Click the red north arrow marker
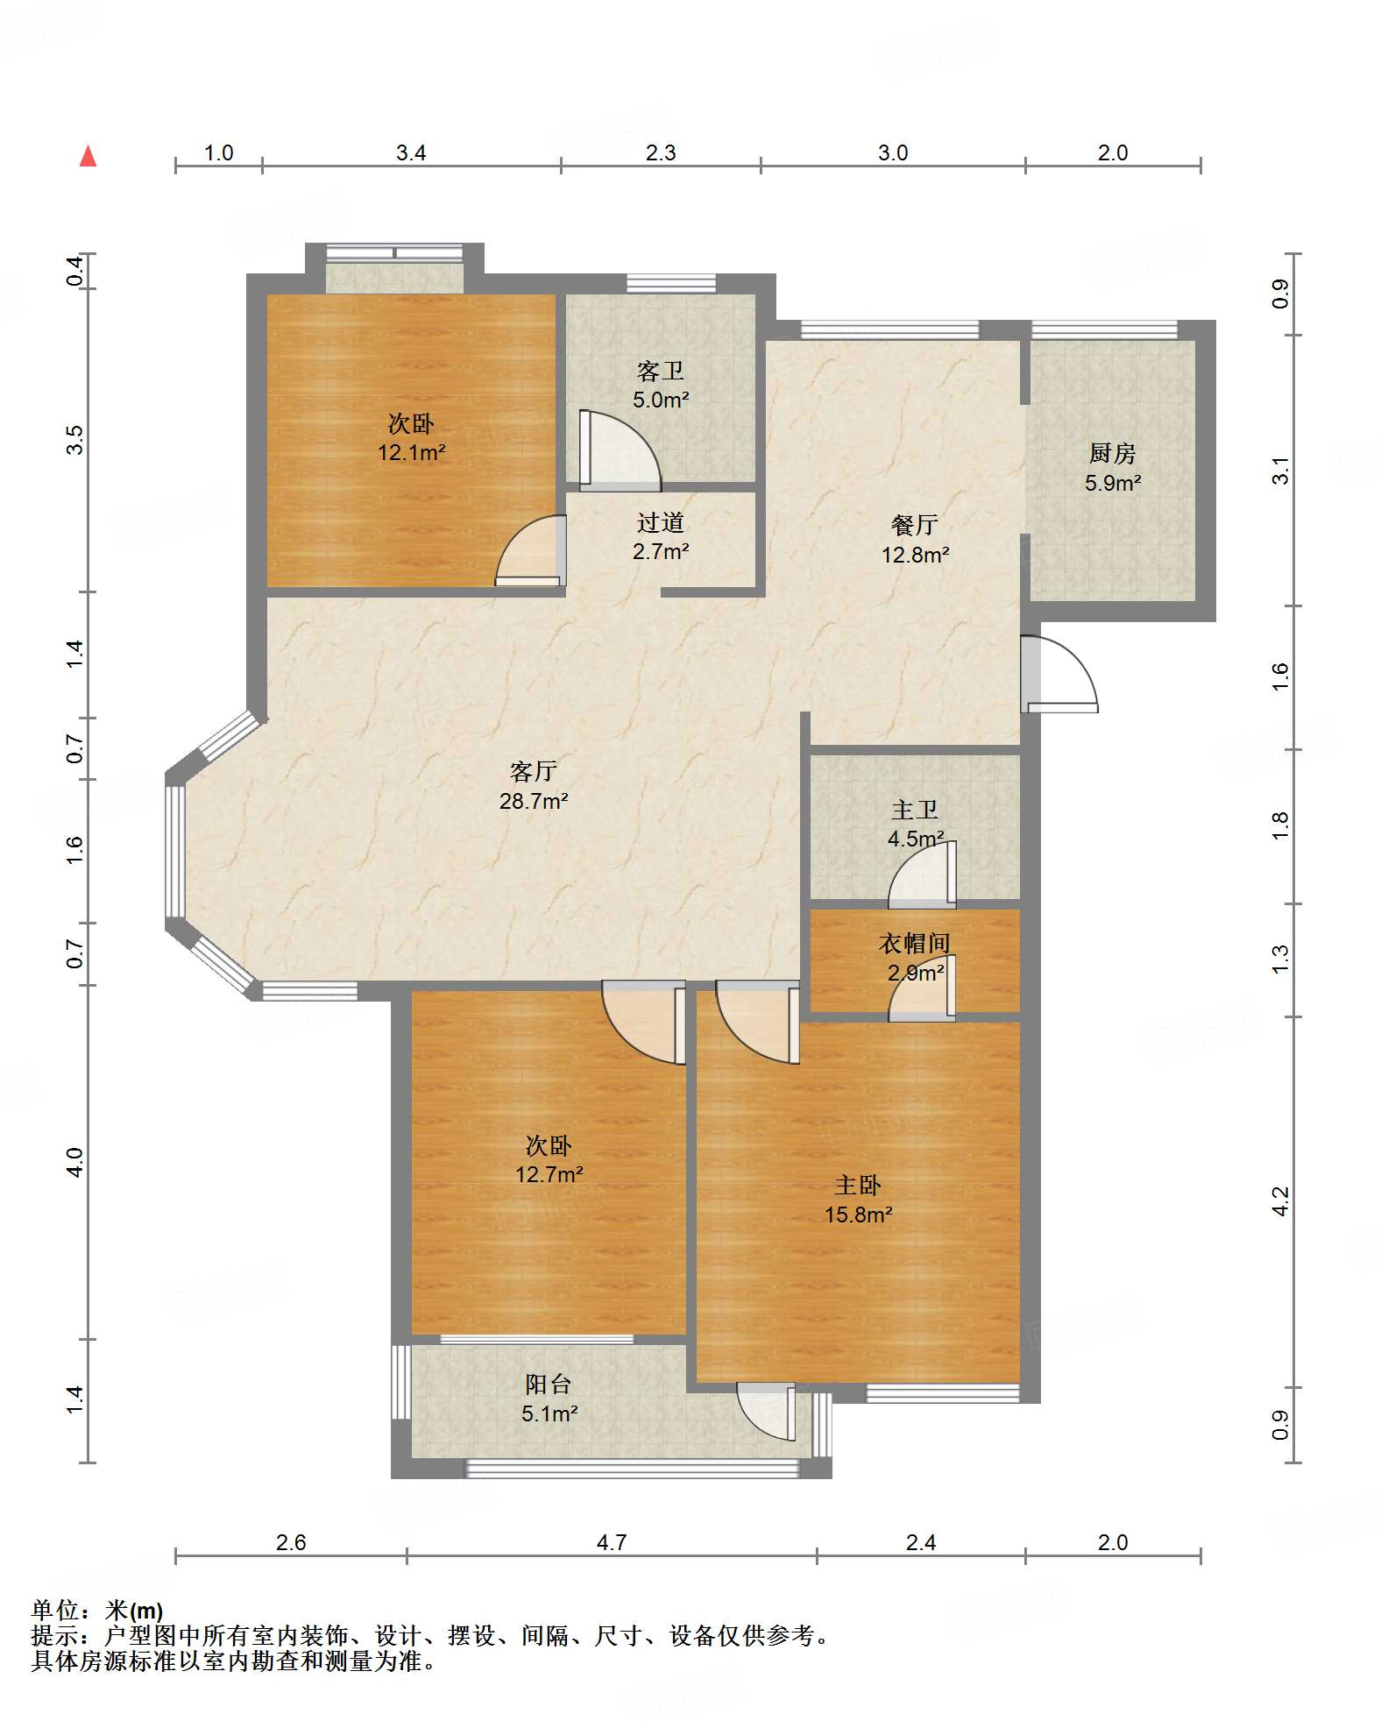[x=88, y=156]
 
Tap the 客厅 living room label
[x=534, y=771]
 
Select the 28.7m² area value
[x=534, y=801]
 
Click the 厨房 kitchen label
[x=1113, y=453]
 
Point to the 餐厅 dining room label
[x=915, y=525]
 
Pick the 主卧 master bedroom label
[x=858, y=1186]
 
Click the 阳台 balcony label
[x=549, y=1385]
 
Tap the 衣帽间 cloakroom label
[x=915, y=944]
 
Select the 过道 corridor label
[x=661, y=523]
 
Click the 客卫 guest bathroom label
[x=661, y=372]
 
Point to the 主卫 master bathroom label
[x=915, y=810]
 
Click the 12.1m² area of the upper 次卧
[x=412, y=453]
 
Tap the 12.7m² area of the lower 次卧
[x=549, y=1174]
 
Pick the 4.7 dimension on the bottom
[x=612, y=1542]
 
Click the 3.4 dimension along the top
[x=411, y=152]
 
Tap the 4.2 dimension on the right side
[x=1280, y=1201]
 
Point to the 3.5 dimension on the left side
[x=75, y=439]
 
